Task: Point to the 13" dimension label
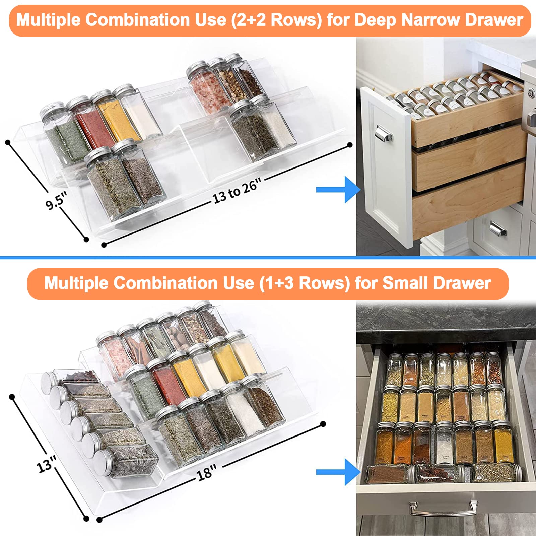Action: point(46,464)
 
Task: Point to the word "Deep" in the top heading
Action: point(375,20)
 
